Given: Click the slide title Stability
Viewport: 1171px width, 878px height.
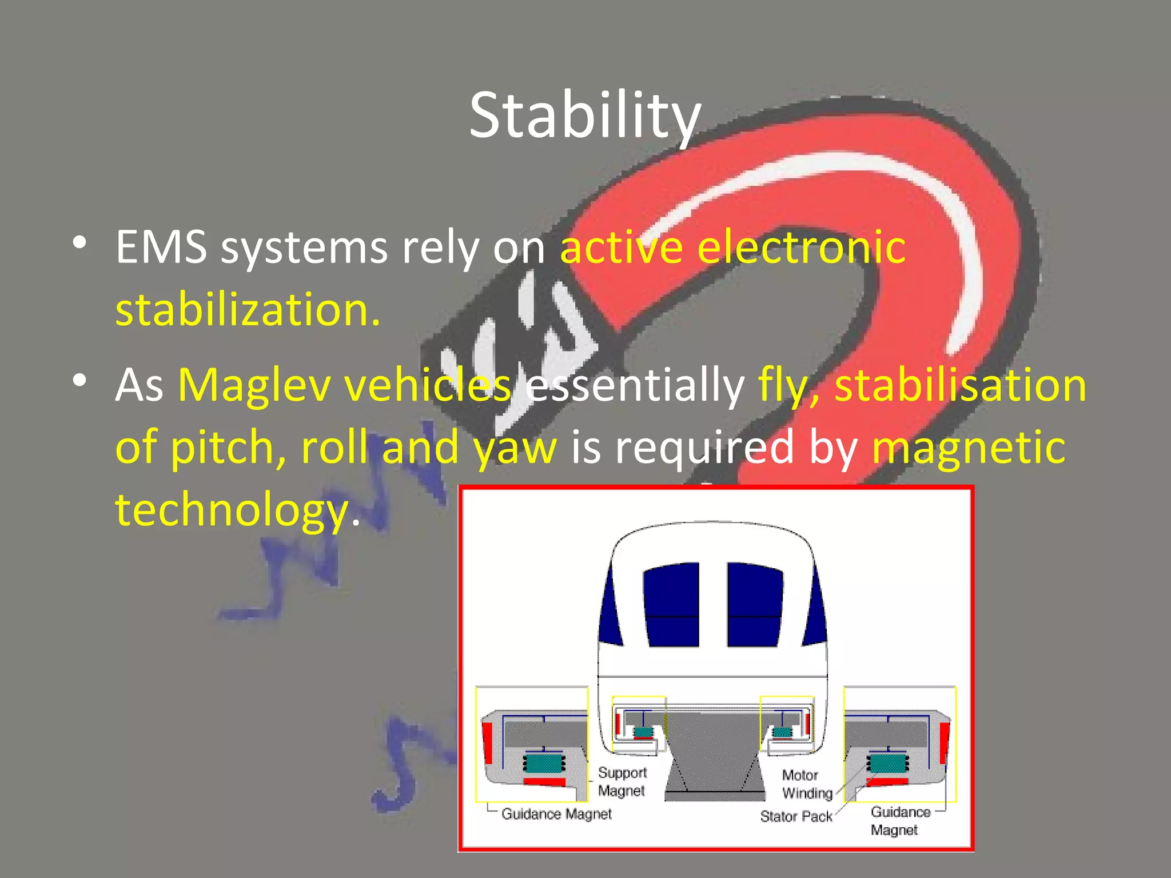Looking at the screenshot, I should pyautogui.click(x=585, y=116).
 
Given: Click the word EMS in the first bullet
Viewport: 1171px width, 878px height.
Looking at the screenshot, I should pyautogui.click(x=161, y=248).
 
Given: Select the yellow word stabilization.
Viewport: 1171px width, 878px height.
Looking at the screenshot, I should pyautogui.click(x=248, y=310).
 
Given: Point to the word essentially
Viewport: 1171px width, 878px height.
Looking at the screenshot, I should pyautogui.click(x=635, y=385).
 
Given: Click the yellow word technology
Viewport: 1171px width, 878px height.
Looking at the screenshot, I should pyautogui.click(x=232, y=509).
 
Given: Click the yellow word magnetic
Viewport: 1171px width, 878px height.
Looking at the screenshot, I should pyautogui.click(x=968, y=447).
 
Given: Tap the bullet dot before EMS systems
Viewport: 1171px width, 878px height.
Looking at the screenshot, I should pyautogui.click(x=80, y=243).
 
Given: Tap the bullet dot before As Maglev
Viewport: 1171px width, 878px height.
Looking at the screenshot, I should pyautogui.click(x=80, y=380).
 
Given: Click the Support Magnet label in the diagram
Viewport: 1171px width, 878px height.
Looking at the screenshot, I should pyautogui.click(x=622, y=781).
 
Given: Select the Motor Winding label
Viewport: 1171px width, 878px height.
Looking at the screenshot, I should pyautogui.click(x=807, y=784).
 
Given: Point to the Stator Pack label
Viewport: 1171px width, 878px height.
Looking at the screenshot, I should pyautogui.click(x=796, y=816).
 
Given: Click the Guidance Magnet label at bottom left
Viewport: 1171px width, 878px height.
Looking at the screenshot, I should pyautogui.click(x=556, y=813).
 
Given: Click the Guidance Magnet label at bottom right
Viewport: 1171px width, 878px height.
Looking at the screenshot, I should pyautogui.click(x=899, y=821).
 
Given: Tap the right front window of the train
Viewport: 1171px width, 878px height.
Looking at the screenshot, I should pyautogui.click(x=755, y=605).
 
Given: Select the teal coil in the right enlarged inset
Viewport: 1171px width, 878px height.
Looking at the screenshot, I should pyautogui.click(x=887, y=763).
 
